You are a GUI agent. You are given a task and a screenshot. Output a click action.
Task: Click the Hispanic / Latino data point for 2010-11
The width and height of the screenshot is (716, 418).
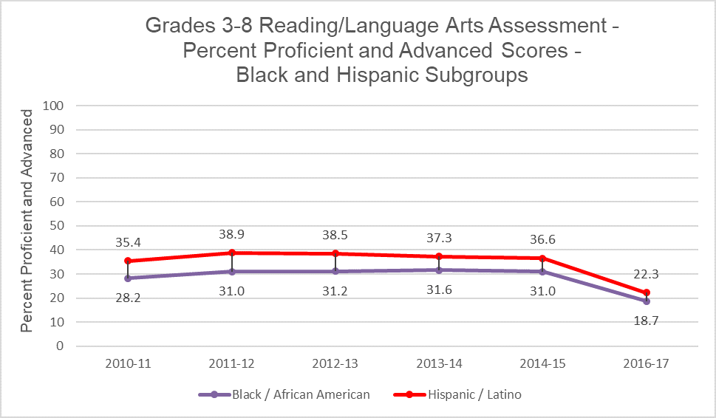(128, 261)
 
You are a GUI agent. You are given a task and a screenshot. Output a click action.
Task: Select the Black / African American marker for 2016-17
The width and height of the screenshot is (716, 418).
(647, 301)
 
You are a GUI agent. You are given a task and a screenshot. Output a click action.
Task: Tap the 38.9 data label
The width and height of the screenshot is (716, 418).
(231, 233)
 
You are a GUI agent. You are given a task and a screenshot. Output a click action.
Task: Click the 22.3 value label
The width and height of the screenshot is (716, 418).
(647, 274)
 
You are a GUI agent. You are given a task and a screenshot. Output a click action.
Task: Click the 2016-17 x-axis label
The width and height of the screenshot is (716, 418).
(647, 363)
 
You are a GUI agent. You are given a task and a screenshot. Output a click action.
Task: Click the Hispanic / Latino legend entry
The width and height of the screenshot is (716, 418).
(463, 394)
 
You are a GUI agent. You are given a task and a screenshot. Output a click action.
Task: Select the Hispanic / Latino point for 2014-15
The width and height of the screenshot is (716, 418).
(543, 258)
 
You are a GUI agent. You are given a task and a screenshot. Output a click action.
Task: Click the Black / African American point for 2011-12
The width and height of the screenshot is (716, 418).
(231, 272)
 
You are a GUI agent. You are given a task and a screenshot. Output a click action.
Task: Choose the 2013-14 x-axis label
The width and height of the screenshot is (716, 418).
(439, 363)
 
